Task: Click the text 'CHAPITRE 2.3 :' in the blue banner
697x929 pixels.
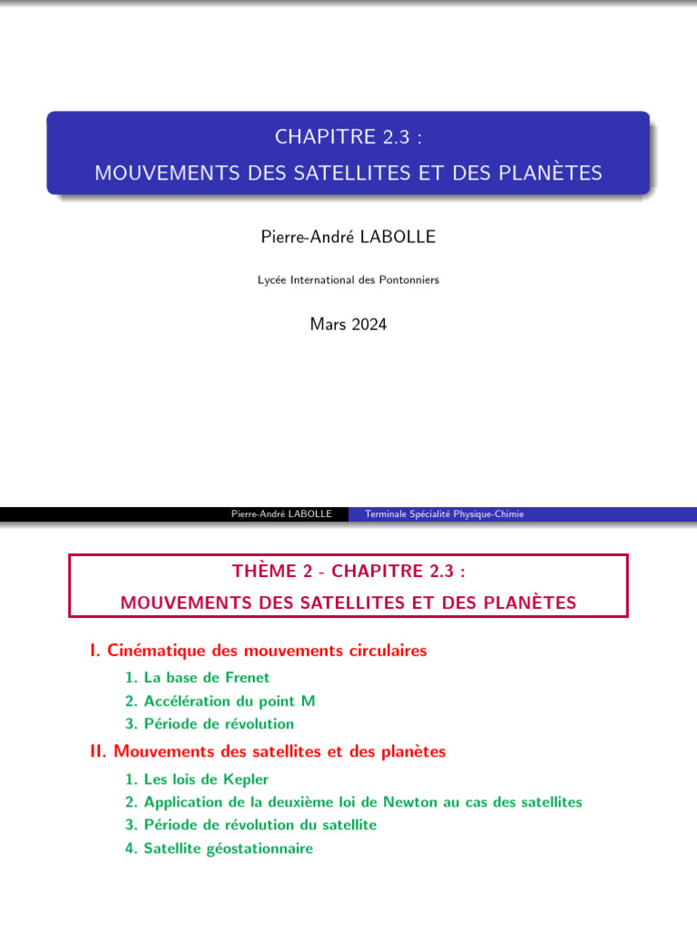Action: pyautogui.click(x=348, y=137)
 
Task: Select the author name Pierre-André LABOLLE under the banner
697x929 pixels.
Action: pyautogui.click(x=348, y=237)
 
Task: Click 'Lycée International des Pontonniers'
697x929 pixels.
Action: pyautogui.click(x=348, y=280)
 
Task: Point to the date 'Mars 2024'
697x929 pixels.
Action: pyautogui.click(x=348, y=324)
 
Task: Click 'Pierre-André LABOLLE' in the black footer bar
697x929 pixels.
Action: pyautogui.click(x=281, y=514)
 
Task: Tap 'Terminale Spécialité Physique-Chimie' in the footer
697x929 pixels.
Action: pyautogui.click(x=444, y=514)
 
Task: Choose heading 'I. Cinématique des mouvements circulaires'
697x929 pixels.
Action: pyautogui.click(x=259, y=650)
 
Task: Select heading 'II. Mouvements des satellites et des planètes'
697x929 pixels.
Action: pyautogui.click(x=268, y=752)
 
